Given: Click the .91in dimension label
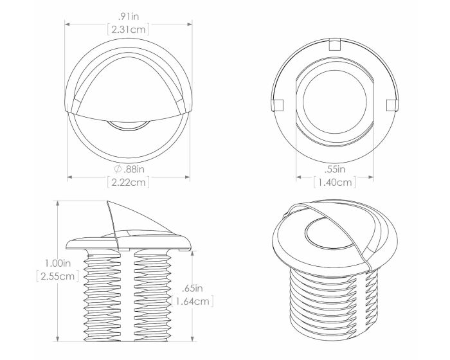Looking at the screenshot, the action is click(x=129, y=16).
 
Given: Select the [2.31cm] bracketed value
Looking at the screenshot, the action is click(x=129, y=30).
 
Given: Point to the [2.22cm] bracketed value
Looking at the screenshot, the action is click(x=129, y=182).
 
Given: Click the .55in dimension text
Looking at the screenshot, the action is click(x=335, y=169).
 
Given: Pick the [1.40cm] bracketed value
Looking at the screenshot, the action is click(x=335, y=182).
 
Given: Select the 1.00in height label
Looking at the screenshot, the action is click(x=58, y=263).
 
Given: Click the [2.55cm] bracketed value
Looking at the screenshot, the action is click(x=58, y=276).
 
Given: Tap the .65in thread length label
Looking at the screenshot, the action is click(x=192, y=288).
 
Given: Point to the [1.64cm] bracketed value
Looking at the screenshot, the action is click(x=192, y=301).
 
